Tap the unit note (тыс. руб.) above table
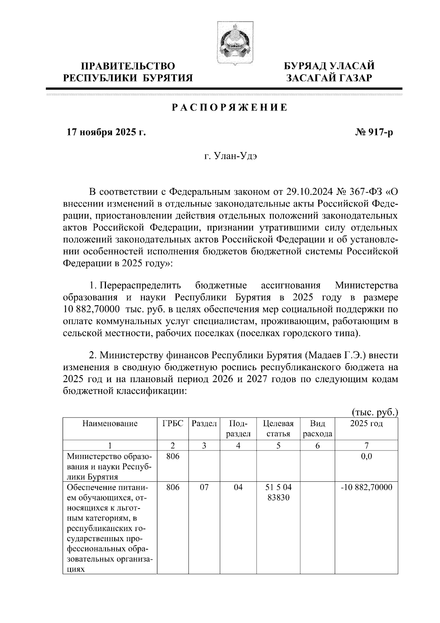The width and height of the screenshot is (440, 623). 374,412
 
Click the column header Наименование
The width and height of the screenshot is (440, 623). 110,424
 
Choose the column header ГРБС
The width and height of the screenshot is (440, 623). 172,424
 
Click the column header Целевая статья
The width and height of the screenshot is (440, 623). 278,429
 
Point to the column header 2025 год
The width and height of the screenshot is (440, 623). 366,424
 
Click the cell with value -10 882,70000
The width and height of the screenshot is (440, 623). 366,488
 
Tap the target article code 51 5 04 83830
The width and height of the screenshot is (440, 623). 278,492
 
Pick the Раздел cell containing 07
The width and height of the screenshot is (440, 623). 204,488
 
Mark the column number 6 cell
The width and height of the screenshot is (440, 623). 317,446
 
